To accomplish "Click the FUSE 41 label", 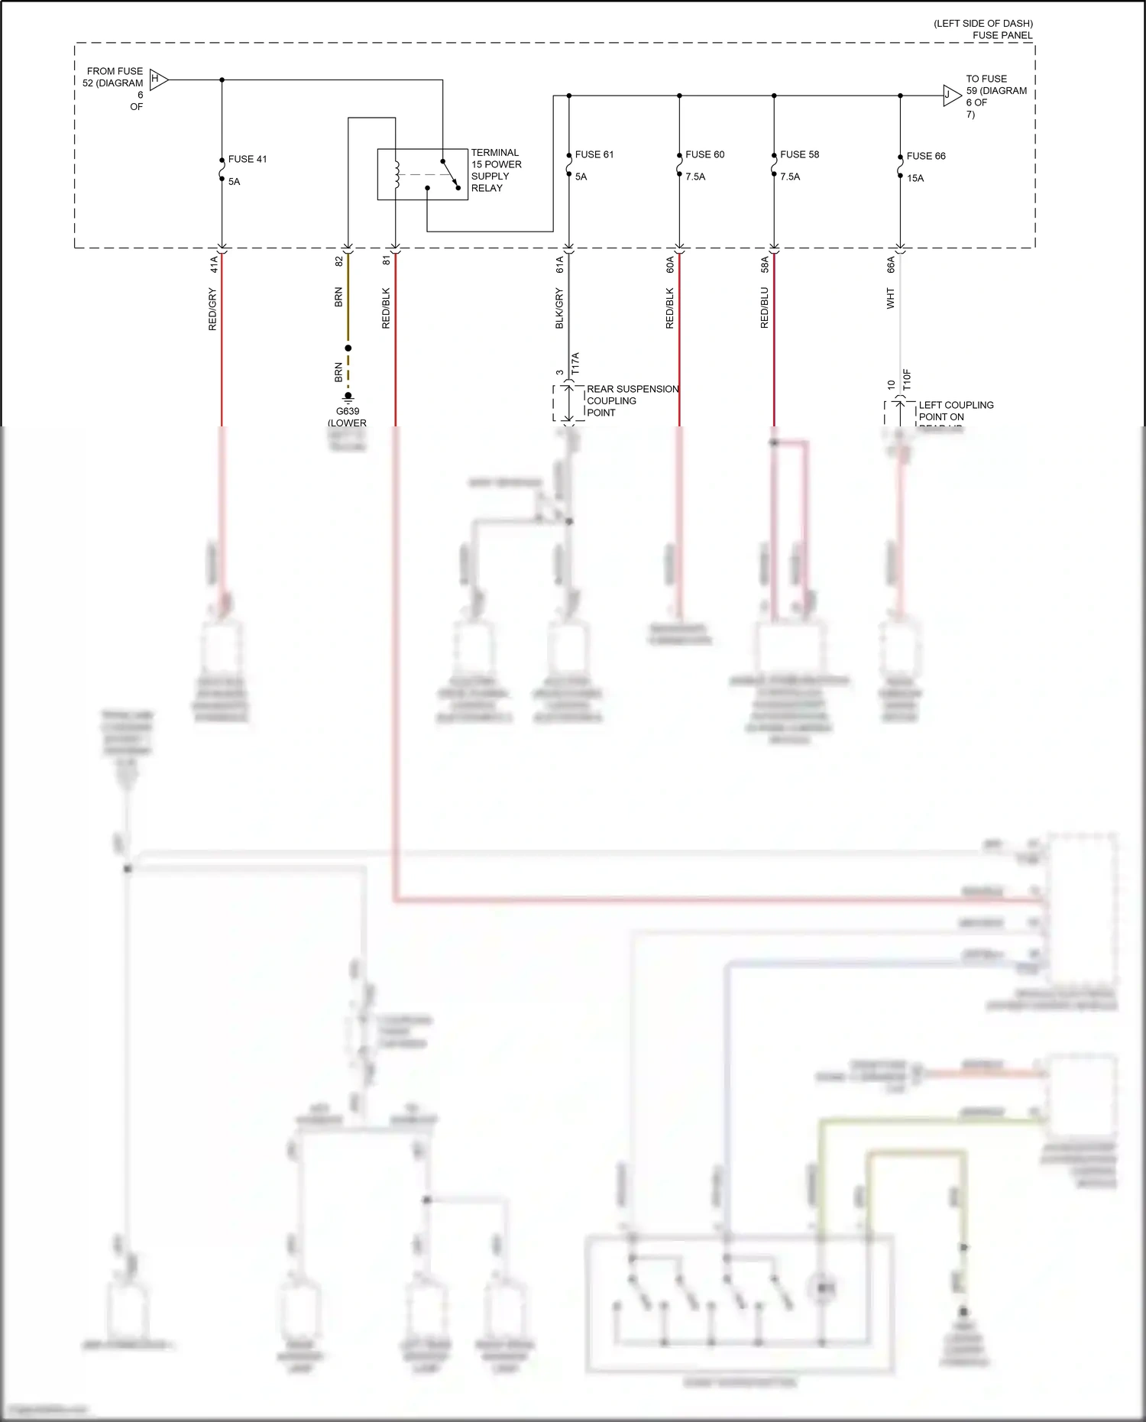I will click(248, 159).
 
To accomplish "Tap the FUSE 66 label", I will click(926, 156).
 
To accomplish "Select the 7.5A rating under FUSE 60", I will click(695, 177).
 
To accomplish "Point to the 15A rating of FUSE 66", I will click(915, 178).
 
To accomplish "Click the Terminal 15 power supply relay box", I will click(422, 174).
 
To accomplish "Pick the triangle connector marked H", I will click(157, 79).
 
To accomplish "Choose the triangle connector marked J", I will click(950, 96).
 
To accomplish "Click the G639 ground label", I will click(348, 411).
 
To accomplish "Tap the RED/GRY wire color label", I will click(212, 309).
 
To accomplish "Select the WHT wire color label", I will click(890, 298).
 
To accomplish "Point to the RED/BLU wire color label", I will click(765, 308).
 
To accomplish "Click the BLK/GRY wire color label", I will click(559, 309).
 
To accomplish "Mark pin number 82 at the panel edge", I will click(339, 261).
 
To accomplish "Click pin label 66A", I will click(891, 264).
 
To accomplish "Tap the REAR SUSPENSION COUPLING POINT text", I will click(632, 400).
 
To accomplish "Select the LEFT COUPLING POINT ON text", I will click(956, 410).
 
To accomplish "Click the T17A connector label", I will click(576, 364).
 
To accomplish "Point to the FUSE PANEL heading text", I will click(1002, 35).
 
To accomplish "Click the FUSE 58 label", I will click(799, 154).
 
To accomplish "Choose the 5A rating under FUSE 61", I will click(581, 177).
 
